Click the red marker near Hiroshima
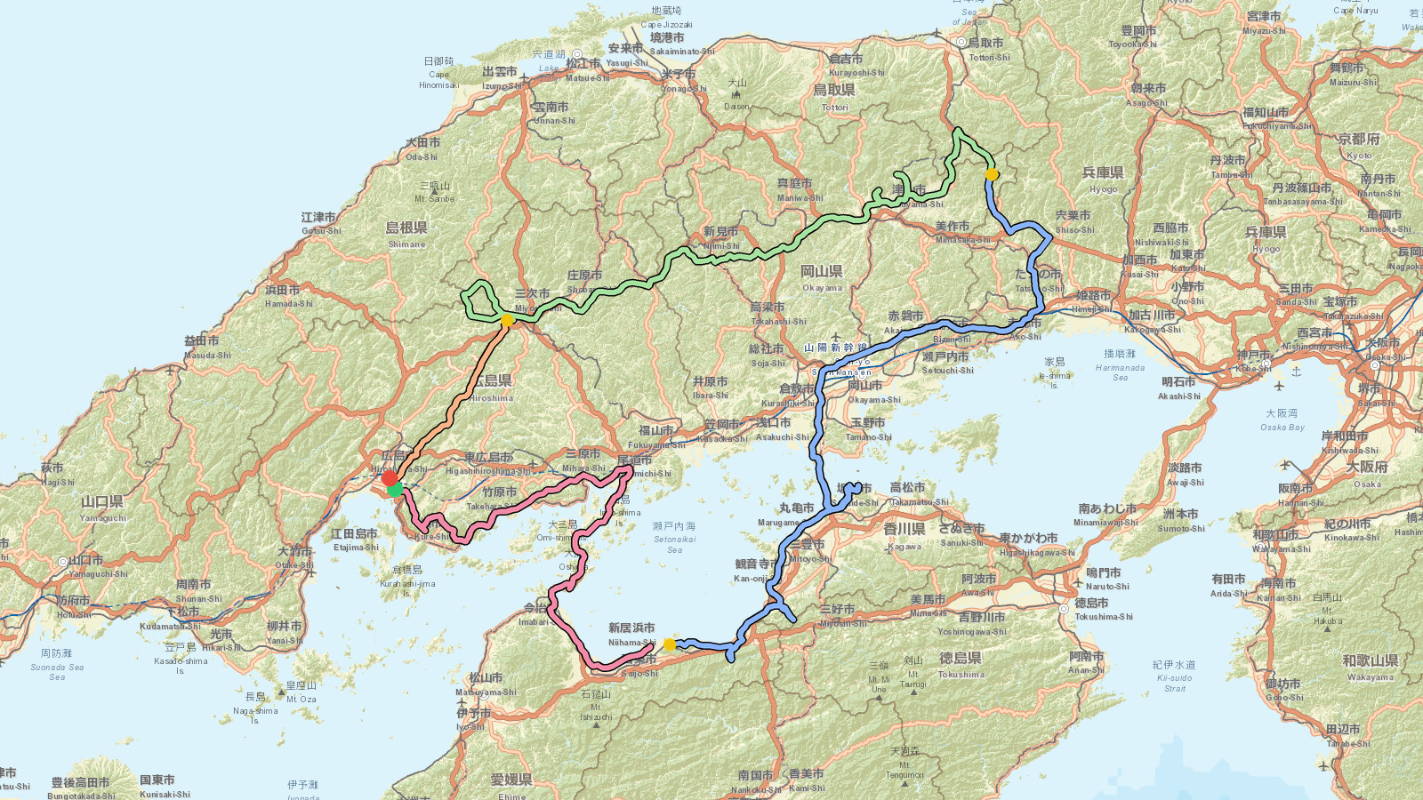(x=390, y=478)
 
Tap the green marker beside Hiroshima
(x=395, y=489)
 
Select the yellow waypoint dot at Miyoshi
(x=507, y=320)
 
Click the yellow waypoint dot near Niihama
(x=670, y=644)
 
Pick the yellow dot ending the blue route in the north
(x=992, y=174)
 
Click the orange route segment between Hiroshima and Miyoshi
(x=449, y=400)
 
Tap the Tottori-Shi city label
(x=989, y=57)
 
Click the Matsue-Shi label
(x=587, y=77)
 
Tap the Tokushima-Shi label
(x=1104, y=616)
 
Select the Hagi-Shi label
(x=57, y=482)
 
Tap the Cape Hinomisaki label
(x=438, y=74)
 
